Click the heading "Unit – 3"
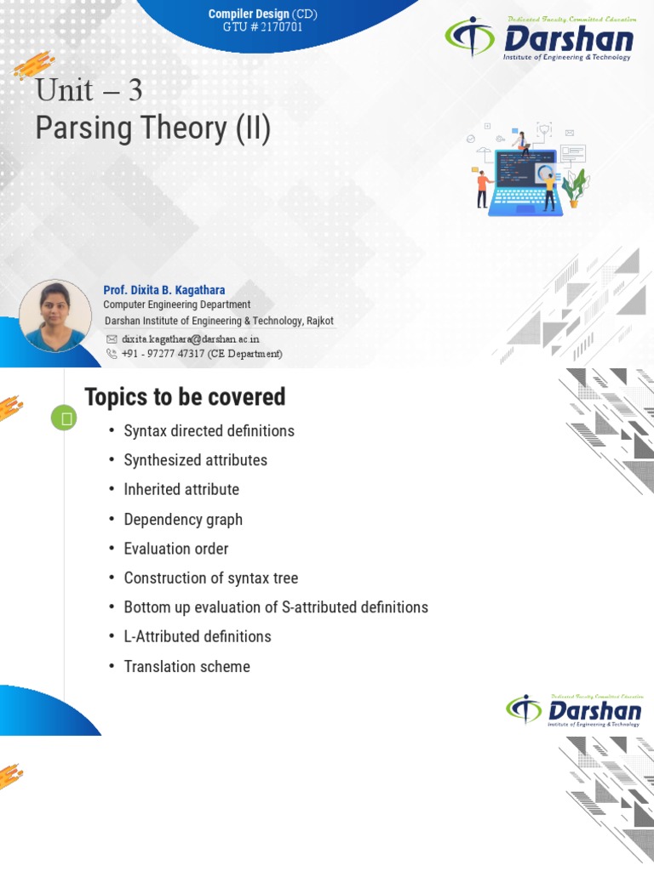[x=89, y=90]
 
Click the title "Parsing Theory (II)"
[x=152, y=128]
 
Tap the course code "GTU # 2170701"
[x=255, y=27]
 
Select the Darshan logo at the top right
[x=540, y=39]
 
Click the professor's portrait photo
[x=55, y=316]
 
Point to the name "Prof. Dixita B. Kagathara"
[x=163, y=290]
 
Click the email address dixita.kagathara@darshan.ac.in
[x=190, y=339]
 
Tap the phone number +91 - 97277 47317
[x=201, y=353]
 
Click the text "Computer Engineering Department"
[x=176, y=305]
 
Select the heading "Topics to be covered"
[x=185, y=397]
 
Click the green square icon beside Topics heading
[x=64, y=418]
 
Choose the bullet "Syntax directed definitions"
[x=209, y=431]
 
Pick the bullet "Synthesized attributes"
[x=195, y=460]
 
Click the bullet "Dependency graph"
[x=183, y=520]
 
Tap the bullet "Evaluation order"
[x=176, y=549]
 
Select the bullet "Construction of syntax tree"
[x=210, y=578]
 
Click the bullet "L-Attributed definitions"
[x=197, y=637]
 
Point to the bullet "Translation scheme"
[x=186, y=667]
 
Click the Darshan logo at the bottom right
[x=575, y=710]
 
